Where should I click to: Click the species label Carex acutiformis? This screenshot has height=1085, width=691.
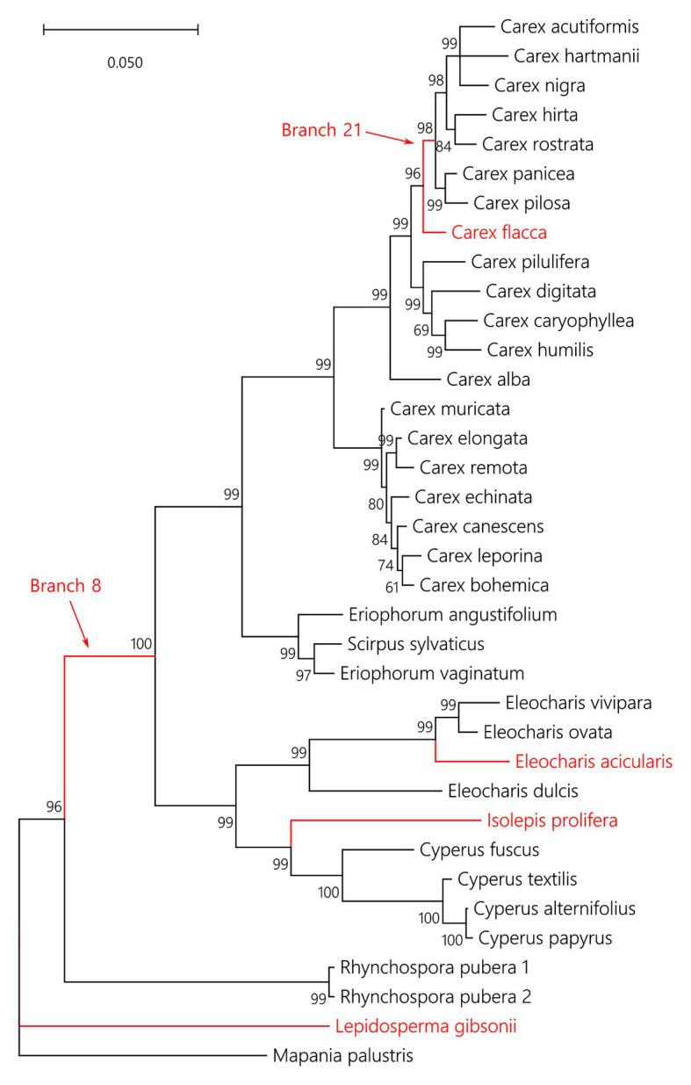tap(557, 26)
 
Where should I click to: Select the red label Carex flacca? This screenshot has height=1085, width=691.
tap(499, 233)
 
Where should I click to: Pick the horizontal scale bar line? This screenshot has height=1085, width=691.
tap(120, 30)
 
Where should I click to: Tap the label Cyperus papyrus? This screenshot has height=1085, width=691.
tap(544, 938)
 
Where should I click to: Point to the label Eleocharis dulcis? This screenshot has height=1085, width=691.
tap(507, 791)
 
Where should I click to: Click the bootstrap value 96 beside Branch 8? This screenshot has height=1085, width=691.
tap(54, 807)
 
